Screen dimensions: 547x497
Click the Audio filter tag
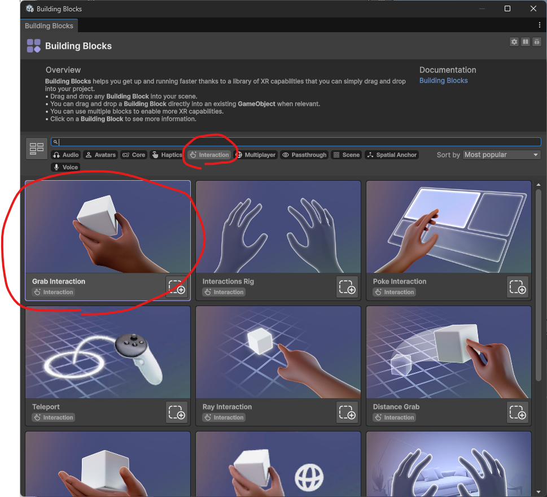point(66,155)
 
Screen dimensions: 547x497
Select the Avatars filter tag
point(100,155)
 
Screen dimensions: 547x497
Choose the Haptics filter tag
point(167,155)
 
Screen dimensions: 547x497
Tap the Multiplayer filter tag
point(256,155)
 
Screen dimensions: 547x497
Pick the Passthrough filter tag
point(305,155)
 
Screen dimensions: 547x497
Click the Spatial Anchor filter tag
point(392,155)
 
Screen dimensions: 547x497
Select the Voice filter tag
point(65,167)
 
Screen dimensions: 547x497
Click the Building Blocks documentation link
point(443,81)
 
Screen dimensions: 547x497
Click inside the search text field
point(296,142)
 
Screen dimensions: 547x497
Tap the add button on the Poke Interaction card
point(517,287)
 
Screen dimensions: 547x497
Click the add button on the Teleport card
point(177,412)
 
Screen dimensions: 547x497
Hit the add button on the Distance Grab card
point(517,412)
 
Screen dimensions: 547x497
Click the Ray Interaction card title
point(227,407)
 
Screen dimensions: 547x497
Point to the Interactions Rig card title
point(228,281)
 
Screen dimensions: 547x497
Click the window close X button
point(533,8)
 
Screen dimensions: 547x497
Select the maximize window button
point(507,8)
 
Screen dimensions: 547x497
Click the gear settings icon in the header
point(514,42)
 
